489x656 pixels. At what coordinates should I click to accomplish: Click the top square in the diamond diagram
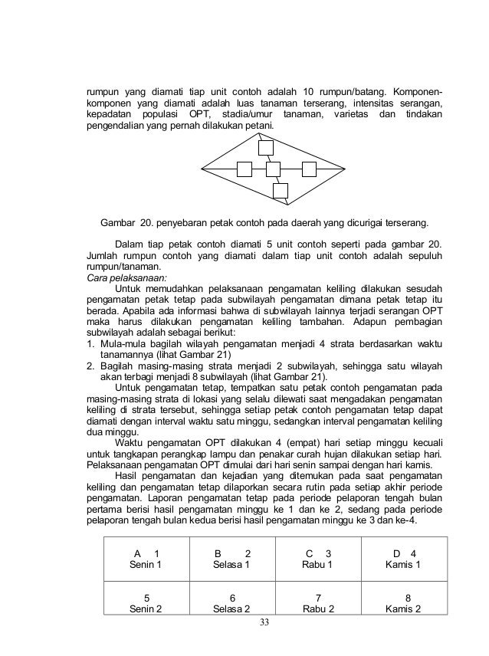[x=266, y=147]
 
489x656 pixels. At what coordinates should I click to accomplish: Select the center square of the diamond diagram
[x=274, y=168]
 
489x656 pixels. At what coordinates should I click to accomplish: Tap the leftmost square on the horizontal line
[x=244, y=168]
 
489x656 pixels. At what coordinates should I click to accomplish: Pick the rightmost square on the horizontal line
[x=309, y=168]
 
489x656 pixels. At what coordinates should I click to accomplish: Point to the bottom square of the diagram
[x=281, y=190]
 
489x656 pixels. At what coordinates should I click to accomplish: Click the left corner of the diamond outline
[x=201, y=167]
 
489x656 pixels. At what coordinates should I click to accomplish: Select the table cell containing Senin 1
[x=146, y=559]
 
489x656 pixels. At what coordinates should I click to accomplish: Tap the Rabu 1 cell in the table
[x=317, y=559]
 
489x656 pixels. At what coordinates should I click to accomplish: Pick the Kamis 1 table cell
[x=403, y=559]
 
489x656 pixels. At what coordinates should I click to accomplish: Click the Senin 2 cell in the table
[x=146, y=602]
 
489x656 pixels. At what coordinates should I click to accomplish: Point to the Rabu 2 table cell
[x=317, y=602]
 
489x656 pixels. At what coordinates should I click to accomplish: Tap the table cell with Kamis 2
[x=403, y=602]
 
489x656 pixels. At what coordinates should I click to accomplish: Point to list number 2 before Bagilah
[x=89, y=366]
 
